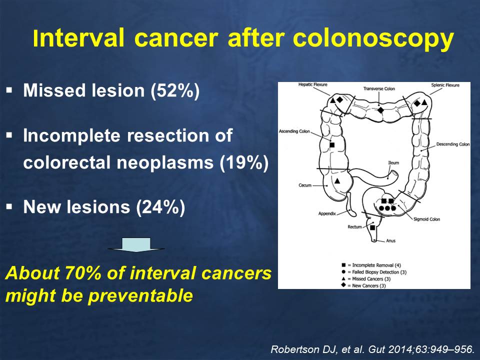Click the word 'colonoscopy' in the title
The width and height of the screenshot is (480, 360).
click(373, 39)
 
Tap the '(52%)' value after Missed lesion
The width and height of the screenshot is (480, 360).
click(175, 90)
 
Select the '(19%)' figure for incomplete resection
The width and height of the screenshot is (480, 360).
click(244, 162)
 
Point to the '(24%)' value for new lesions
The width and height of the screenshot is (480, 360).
click(160, 207)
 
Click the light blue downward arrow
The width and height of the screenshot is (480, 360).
click(136, 245)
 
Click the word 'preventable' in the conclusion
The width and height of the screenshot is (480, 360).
click(140, 295)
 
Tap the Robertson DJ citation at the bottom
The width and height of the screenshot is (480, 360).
click(372, 349)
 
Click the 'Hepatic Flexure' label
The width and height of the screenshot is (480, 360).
click(313, 84)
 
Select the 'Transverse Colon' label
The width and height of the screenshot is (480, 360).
click(379, 89)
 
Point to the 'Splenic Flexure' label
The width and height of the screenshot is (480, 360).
click(445, 85)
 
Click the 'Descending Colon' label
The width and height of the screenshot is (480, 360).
click(453, 144)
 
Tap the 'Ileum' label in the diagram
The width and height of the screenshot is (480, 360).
click(393, 163)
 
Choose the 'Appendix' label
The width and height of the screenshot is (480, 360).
click(327, 213)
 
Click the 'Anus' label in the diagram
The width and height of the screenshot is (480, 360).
click(390, 240)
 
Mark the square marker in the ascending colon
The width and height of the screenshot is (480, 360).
click(332, 145)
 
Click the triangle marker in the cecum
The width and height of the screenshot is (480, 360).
click(337, 181)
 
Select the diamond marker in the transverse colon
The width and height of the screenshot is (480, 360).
click(380, 110)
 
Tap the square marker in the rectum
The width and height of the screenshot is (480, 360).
click(372, 227)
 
